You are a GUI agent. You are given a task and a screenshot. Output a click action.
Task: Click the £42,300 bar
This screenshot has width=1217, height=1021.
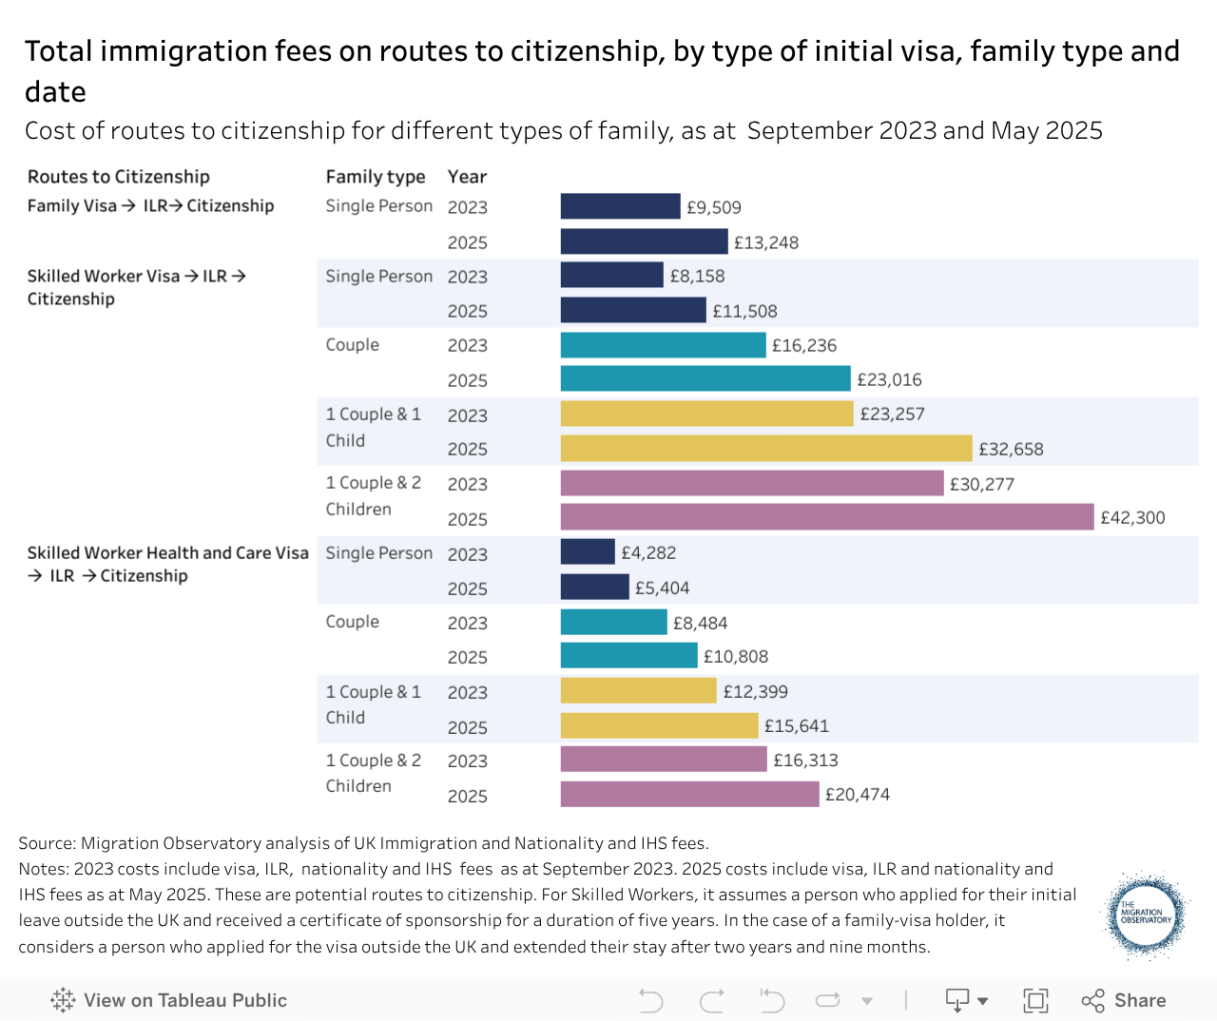(827, 517)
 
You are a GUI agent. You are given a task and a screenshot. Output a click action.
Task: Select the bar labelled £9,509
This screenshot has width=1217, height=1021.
(620, 206)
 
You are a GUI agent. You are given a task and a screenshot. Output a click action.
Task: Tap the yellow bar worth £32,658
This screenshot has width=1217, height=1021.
(766, 448)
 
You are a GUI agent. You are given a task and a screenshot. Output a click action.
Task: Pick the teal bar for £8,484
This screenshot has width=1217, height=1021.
(613, 622)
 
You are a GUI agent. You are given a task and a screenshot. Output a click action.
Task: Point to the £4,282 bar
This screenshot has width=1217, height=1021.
(588, 552)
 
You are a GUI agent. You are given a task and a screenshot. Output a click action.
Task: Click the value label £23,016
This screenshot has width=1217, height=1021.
(889, 379)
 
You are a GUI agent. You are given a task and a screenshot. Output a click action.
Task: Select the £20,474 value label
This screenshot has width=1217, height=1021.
(858, 794)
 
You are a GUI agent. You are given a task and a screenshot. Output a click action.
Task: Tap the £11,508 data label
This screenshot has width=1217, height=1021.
(744, 311)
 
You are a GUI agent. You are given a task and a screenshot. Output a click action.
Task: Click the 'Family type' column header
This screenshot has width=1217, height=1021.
(375, 177)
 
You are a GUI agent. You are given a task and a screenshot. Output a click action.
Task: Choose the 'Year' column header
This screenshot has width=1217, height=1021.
(467, 177)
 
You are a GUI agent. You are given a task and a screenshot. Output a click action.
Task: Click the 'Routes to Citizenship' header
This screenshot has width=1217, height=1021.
(118, 177)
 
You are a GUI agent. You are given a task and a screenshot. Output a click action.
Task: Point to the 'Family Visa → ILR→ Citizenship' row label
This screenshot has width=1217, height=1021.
(150, 205)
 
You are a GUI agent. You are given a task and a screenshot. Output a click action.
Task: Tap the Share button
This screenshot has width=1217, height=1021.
(1124, 1000)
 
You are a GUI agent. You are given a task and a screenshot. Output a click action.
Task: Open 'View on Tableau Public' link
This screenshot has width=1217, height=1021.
(168, 1000)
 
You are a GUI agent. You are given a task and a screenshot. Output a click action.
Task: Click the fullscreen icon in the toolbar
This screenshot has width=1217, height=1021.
(1035, 1000)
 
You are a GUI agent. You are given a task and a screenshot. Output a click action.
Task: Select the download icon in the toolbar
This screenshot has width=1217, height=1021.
(957, 1000)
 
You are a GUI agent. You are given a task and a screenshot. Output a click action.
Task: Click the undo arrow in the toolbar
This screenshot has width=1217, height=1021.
(651, 1000)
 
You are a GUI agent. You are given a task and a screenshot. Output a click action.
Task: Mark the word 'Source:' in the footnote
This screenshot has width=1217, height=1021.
(47, 842)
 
